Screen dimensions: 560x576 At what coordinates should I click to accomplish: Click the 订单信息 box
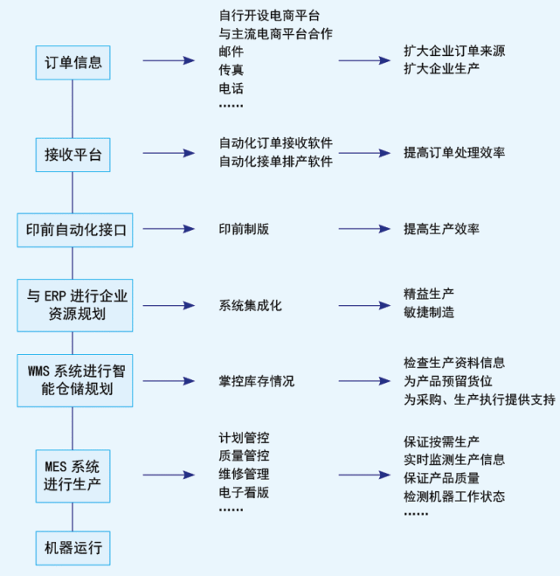point(73,62)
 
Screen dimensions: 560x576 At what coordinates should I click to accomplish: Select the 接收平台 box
point(73,155)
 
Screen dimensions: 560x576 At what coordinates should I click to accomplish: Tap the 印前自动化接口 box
point(75,230)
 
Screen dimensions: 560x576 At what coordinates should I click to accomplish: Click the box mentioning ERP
point(75,305)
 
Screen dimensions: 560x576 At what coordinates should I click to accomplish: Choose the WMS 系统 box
point(75,380)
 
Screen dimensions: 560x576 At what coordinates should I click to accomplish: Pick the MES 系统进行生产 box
point(73,476)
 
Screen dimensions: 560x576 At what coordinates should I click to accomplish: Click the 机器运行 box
point(73,548)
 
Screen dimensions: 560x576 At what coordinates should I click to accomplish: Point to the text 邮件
point(232,52)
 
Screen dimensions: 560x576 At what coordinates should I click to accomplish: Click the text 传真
point(232,70)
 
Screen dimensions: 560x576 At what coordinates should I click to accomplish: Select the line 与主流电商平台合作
point(276,34)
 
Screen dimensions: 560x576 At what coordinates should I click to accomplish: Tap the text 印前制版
point(245,229)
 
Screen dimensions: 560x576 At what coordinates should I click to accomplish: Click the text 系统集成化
point(251,306)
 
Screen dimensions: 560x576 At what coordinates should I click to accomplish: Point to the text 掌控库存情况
point(257,381)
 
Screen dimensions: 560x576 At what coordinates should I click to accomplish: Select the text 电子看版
point(245,493)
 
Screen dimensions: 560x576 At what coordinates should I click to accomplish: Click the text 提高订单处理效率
point(454,153)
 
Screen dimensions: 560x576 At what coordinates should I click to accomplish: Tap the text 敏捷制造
point(429,313)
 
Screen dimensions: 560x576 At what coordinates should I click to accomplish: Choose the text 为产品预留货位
point(448,381)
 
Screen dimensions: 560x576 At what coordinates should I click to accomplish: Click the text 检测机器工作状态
point(454,496)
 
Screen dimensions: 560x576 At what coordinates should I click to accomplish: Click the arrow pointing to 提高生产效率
point(364,229)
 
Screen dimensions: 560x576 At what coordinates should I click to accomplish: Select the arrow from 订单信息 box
point(169,60)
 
